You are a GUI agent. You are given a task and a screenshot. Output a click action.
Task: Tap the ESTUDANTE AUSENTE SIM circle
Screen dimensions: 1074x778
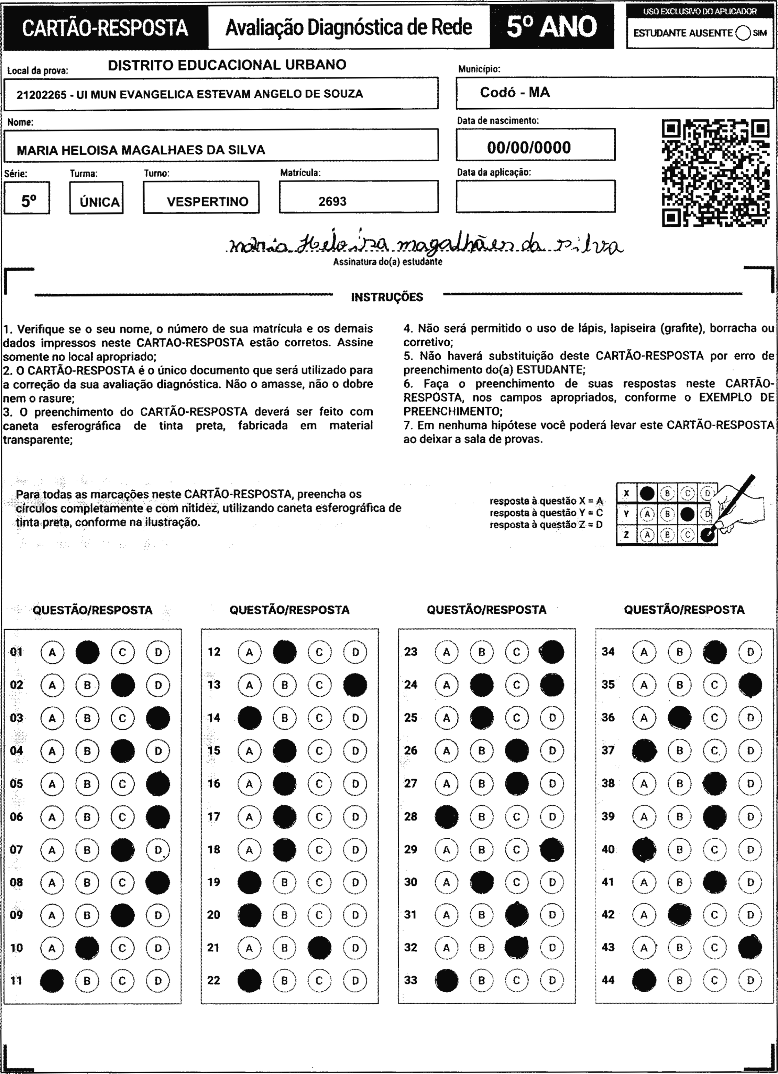click(x=743, y=33)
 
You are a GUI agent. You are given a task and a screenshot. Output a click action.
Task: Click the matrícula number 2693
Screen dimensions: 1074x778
click(x=332, y=202)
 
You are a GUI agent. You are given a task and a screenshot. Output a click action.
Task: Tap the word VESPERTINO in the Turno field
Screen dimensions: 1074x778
click(x=208, y=202)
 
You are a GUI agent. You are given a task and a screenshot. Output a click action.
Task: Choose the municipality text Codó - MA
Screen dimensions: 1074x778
click(x=515, y=92)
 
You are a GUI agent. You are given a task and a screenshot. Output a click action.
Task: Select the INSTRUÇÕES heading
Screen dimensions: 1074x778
click(x=387, y=297)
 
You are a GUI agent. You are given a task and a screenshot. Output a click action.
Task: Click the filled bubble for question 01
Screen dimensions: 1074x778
click(x=87, y=652)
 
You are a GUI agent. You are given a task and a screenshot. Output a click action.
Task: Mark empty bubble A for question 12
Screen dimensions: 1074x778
click(x=250, y=652)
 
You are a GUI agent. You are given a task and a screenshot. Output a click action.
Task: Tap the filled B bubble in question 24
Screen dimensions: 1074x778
click(x=482, y=685)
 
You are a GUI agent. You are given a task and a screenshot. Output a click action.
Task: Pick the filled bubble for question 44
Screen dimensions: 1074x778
click(x=644, y=980)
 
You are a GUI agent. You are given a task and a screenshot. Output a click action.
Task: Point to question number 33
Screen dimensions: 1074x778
click(x=411, y=980)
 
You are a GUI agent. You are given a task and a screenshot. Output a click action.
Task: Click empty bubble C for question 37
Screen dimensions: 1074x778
click(x=714, y=750)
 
